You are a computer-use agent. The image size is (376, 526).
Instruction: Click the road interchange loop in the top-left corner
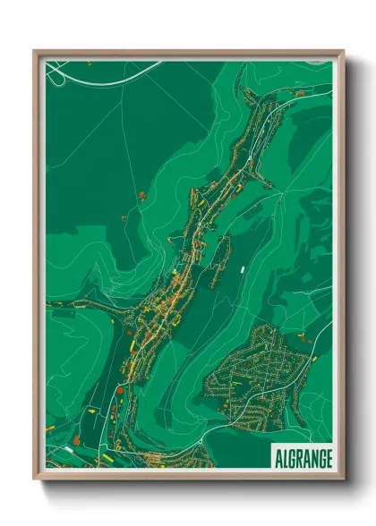(56, 76)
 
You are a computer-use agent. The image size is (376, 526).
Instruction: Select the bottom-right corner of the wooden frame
(343, 479)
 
